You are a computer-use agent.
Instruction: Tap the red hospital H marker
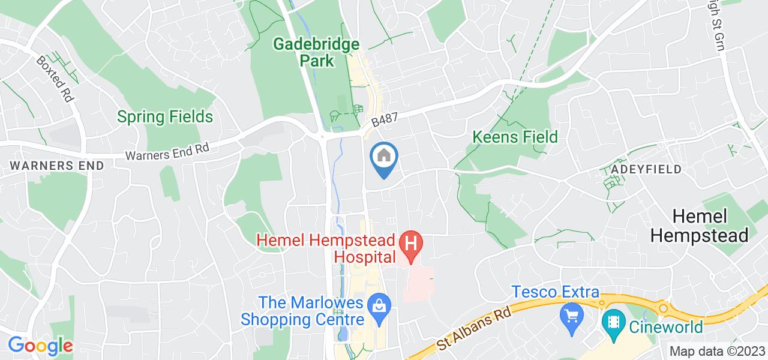click(x=412, y=245)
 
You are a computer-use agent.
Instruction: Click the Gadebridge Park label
click(x=316, y=52)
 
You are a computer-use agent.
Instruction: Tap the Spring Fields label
click(x=165, y=116)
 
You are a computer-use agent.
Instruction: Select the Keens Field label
click(x=515, y=137)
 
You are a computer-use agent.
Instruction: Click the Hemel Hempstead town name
click(x=699, y=226)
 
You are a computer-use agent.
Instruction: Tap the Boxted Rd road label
click(x=55, y=79)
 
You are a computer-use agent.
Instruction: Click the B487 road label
click(x=385, y=116)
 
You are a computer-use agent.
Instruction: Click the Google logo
click(x=40, y=346)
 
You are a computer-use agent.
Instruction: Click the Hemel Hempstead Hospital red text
click(x=326, y=249)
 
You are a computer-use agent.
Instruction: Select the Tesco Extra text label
click(x=556, y=292)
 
